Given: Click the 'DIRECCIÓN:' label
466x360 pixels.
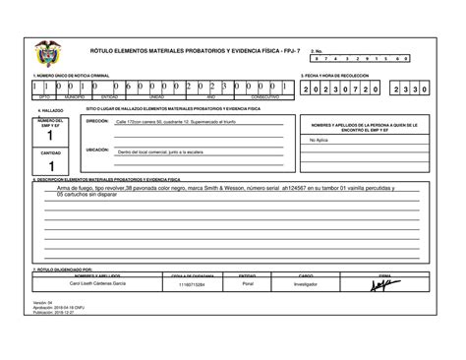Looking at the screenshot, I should coord(97,121).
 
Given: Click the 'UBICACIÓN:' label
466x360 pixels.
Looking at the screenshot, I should coord(97,150).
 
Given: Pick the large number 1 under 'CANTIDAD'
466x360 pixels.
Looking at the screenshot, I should coord(50,166).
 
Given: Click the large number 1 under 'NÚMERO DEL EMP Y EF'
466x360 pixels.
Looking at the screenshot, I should coord(50,140).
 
